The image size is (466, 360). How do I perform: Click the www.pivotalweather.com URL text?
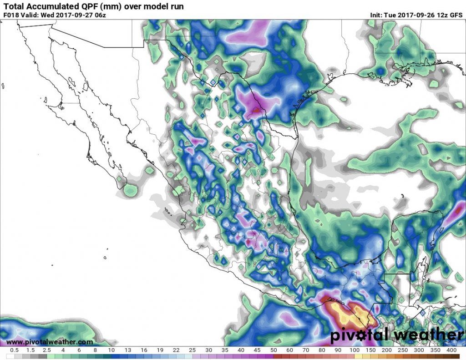(50, 342)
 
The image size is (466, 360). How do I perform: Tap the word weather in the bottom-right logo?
(427, 335)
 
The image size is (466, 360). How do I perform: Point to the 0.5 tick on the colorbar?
(14, 350)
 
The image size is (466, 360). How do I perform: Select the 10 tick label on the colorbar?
(111, 350)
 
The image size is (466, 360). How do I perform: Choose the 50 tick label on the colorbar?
(274, 350)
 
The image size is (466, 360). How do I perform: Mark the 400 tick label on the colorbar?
(452, 350)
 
